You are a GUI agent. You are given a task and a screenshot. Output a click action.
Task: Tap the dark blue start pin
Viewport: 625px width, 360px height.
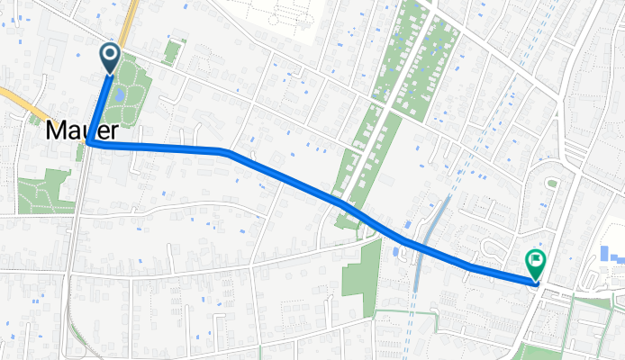[111, 58]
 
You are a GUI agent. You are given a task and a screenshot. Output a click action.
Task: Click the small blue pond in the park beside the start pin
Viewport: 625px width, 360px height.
[119, 93]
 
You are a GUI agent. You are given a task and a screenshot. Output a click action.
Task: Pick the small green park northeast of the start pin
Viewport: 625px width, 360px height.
[171, 51]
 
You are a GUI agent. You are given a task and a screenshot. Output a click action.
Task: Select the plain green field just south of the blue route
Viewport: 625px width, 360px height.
[362, 269]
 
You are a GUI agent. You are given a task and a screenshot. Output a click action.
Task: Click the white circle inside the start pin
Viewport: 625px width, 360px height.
[111, 54]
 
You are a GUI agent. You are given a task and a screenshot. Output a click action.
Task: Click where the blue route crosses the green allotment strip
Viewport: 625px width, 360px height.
[346, 205]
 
